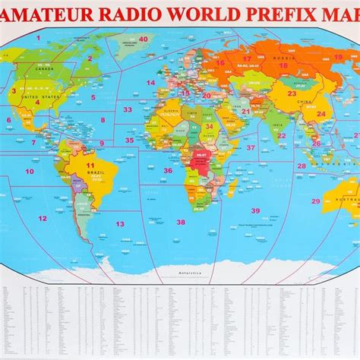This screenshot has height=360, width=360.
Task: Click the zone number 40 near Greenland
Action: tap(143, 39)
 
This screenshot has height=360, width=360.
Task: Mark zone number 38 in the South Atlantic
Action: tap(181, 222)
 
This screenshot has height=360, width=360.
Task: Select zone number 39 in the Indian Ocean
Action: tap(256, 210)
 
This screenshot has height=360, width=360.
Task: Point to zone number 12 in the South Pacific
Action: tap(43, 218)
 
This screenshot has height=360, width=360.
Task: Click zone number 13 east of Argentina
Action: tap(119, 223)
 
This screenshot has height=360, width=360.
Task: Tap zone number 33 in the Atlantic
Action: tap(128, 110)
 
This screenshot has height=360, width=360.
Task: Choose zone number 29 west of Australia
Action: tap(316, 201)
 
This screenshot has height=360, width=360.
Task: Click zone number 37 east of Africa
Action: tap(251, 148)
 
